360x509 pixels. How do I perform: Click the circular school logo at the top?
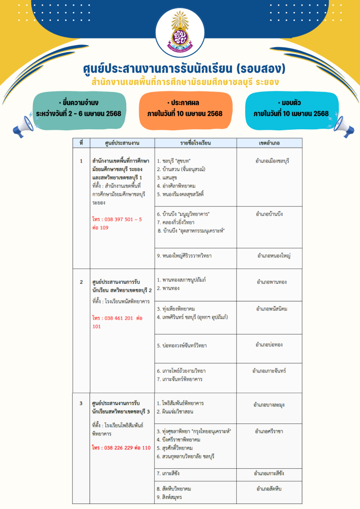coord(180,33)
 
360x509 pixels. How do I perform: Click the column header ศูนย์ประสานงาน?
coord(120,143)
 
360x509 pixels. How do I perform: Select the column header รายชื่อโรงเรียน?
coord(195,143)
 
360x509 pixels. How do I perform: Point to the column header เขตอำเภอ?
coord(270,143)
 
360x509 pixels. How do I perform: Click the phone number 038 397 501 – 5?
coord(117,219)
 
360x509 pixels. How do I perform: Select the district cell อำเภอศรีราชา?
coord(270,431)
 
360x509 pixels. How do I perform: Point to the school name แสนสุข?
coord(170,177)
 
